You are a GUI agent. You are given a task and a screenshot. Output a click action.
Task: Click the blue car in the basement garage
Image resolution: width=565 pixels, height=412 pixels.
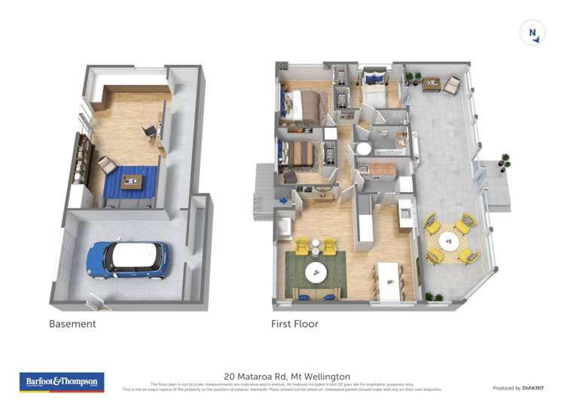pyautogui.click(x=127, y=259)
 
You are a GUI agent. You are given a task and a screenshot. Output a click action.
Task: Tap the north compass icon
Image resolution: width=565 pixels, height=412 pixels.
pyautogui.click(x=533, y=32)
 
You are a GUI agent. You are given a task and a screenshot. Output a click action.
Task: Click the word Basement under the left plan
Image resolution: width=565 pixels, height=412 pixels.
pyautogui.click(x=72, y=324)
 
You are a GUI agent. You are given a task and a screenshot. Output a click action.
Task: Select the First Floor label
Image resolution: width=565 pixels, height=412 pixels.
pyautogui.click(x=295, y=324)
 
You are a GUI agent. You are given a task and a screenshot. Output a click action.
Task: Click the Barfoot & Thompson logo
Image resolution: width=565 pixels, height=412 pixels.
pyautogui.click(x=62, y=382)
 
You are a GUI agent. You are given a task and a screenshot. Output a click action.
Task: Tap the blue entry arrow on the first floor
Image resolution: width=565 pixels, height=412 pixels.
pyautogui.click(x=284, y=200)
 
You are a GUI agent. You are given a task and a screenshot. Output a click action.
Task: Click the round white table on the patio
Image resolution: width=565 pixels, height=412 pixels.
pyautogui.click(x=450, y=243)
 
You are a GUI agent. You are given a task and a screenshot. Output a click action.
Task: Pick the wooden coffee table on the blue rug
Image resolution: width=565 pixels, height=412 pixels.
pyautogui.click(x=133, y=181)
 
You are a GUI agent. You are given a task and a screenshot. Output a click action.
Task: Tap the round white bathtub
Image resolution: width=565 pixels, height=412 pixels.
pyautogui.click(x=364, y=149)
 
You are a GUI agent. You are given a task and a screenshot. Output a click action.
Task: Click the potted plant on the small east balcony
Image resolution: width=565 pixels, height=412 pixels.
pyautogui.click(x=505, y=160)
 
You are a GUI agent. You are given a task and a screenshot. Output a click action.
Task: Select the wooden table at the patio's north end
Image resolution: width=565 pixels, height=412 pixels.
pyautogui.click(x=432, y=84)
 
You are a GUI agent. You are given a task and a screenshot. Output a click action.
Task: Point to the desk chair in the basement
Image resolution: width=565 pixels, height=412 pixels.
pyautogui.click(x=150, y=132)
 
